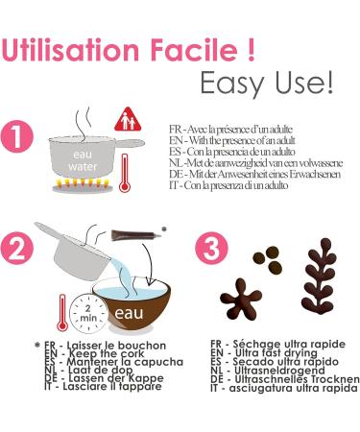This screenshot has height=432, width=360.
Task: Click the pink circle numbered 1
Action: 16,136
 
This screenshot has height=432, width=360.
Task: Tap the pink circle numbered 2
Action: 16,249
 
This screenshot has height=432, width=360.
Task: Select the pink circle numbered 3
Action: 211,249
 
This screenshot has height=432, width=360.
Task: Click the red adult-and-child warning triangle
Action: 128,119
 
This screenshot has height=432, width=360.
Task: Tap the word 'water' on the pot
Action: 83,166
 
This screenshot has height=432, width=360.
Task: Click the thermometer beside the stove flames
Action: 124,173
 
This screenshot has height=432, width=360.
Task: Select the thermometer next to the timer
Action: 62,313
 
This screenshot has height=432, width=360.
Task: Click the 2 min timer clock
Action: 88,314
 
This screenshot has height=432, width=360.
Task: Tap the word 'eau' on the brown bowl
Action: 129,313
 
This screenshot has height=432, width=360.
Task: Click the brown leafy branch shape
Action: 319,279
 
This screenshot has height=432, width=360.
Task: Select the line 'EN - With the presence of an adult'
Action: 232,140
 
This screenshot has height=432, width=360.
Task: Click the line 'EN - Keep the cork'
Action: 94,353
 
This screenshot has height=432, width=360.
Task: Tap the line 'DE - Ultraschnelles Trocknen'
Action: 285,379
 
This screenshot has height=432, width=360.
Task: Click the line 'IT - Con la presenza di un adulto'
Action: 228,185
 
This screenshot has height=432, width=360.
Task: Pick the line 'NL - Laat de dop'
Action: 88,370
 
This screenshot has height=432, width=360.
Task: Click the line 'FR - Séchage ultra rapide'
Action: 277,345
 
